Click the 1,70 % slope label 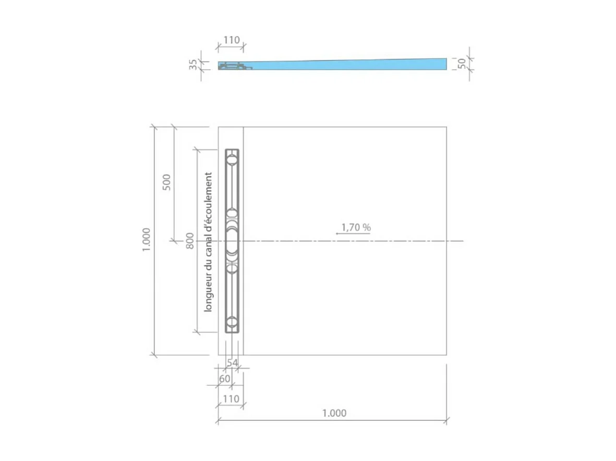tap(356, 227)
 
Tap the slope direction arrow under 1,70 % tap(353, 234)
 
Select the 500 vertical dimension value tap(167, 182)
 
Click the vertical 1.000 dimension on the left tap(147, 240)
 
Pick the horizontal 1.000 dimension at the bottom tap(334, 413)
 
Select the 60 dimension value tap(224, 379)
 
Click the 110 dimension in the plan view tap(231, 399)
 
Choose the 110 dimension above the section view tap(231, 40)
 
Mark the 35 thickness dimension tap(194, 65)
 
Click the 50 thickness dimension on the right tap(462, 63)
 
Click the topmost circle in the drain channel tap(232, 159)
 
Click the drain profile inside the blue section tap(232, 66)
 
